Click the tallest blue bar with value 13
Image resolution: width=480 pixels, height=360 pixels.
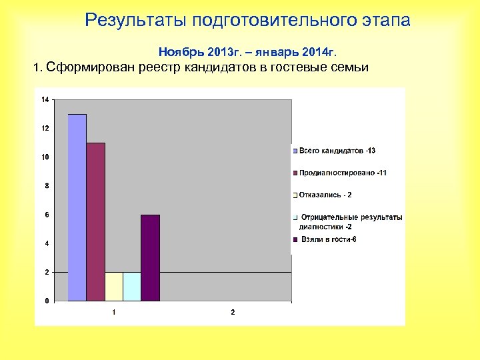click(x=77, y=207)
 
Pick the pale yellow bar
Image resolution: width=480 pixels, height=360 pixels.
click(x=114, y=286)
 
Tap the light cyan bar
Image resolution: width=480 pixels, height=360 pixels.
click(x=132, y=286)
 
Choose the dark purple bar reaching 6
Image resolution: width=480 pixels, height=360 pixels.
click(x=151, y=257)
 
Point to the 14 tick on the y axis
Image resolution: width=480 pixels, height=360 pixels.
click(x=45, y=99)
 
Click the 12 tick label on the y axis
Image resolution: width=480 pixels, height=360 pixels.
click(x=45, y=128)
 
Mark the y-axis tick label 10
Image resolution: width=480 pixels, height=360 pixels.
click(x=45, y=157)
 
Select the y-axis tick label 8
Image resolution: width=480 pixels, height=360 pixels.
click(x=46, y=185)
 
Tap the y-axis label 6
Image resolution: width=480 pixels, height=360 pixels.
click(x=46, y=215)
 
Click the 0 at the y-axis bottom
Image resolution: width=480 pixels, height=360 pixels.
click(x=46, y=301)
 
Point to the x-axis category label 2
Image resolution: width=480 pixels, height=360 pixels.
click(x=233, y=312)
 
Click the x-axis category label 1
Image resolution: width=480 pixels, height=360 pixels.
click(x=114, y=312)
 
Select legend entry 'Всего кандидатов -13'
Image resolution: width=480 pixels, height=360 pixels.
click(x=337, y=151)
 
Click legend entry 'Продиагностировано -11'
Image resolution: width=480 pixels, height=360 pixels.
click(x=343, y=173)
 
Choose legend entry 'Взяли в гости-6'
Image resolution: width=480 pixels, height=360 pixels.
click(x=329, y=239)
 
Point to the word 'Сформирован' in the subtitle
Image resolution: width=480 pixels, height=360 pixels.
click(x=89, y=67)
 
